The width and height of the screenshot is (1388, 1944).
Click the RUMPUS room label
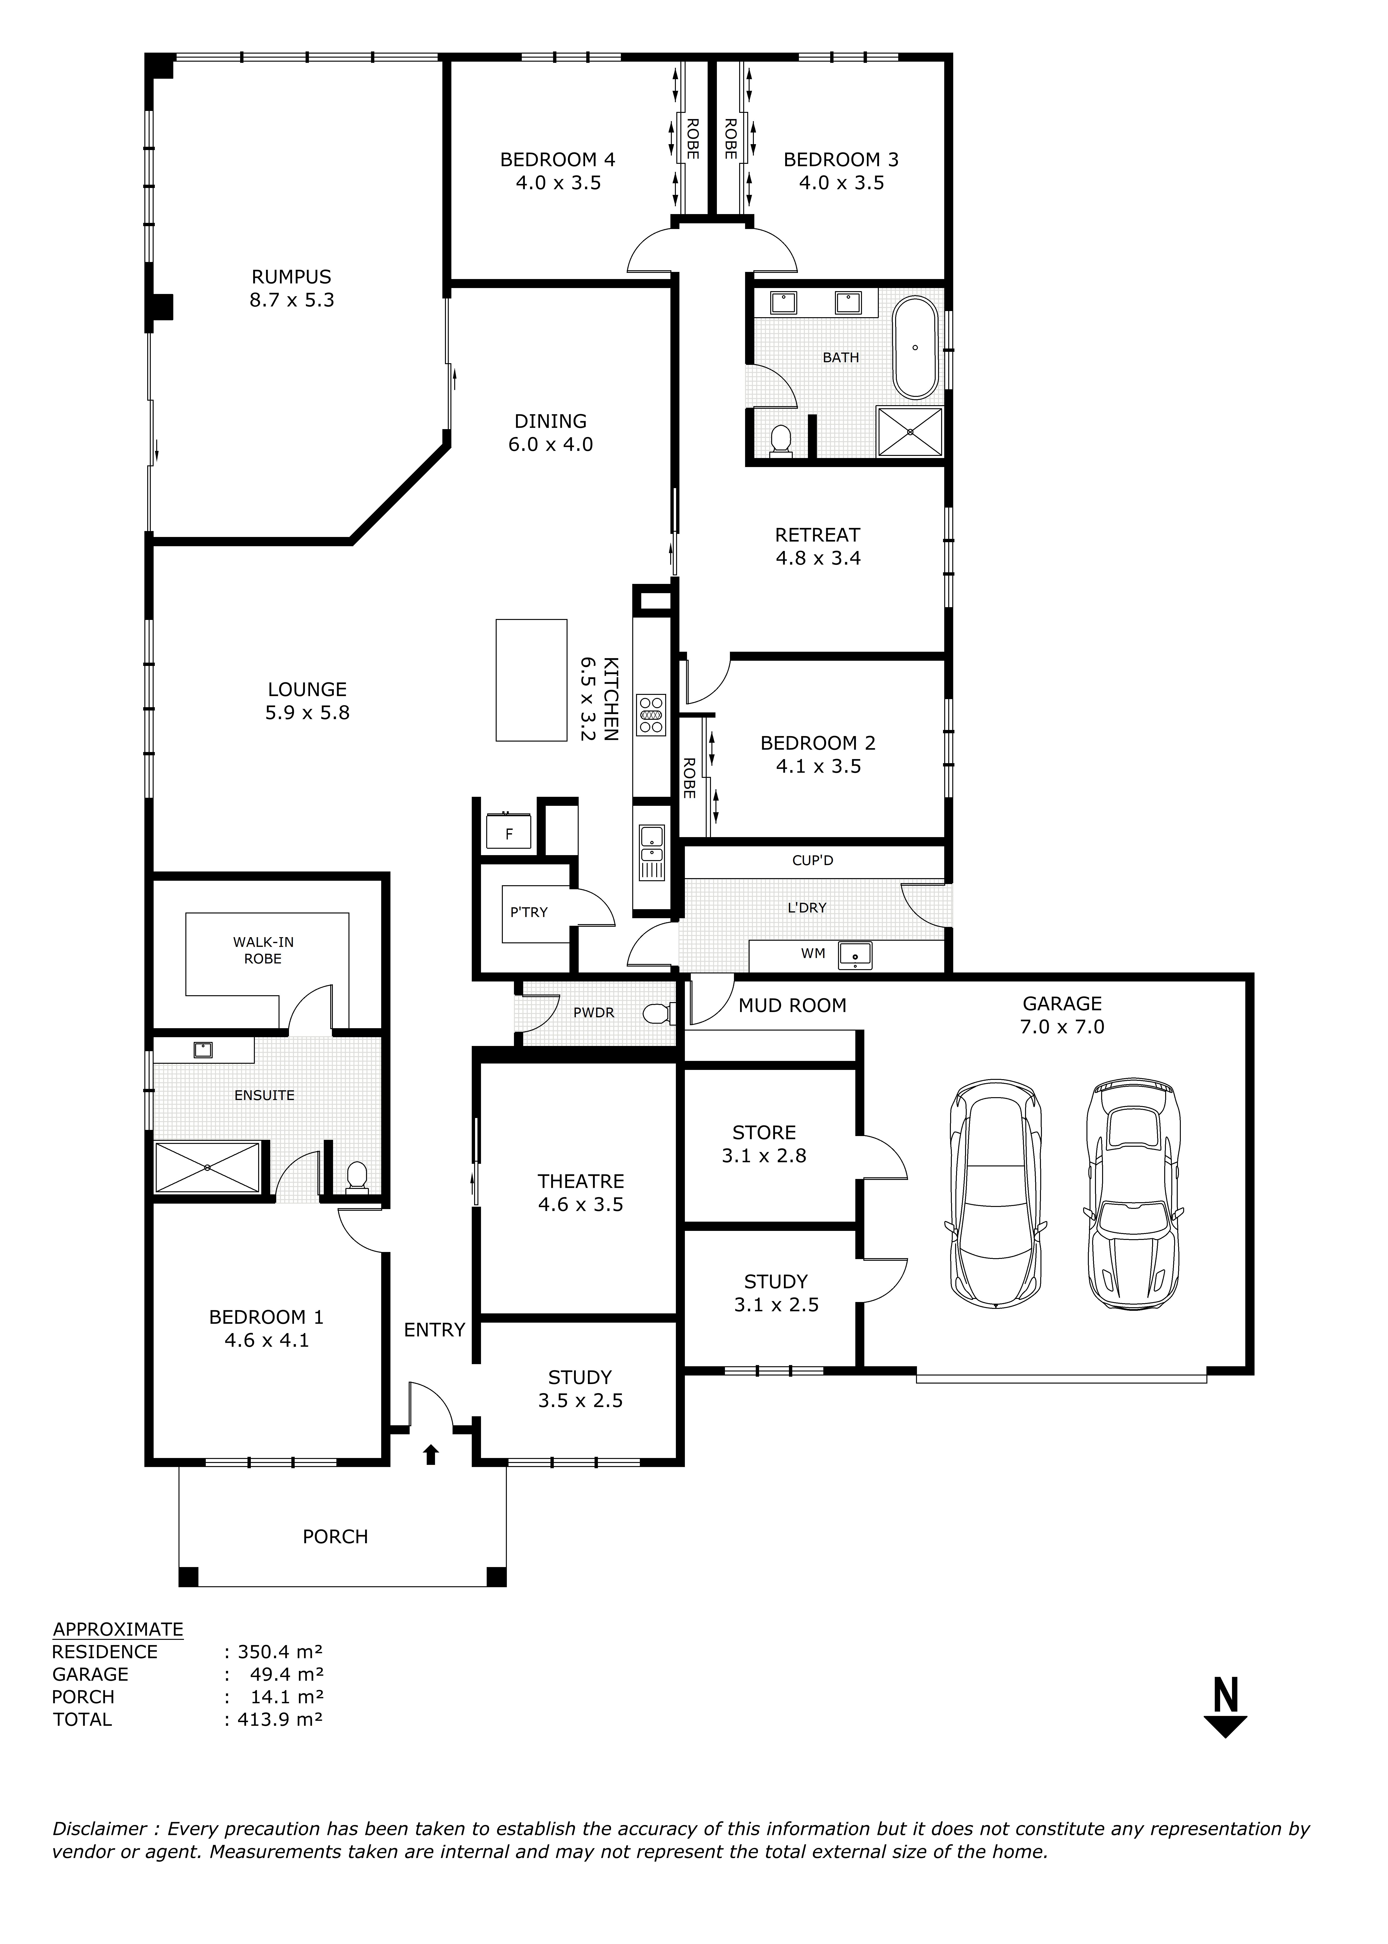tap(291, 277)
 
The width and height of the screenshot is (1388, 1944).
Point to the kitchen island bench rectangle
tap(531, 680)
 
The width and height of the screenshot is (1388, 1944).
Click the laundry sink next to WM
tap(855, 954)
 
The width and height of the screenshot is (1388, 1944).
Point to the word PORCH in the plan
tap(335, 1536)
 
